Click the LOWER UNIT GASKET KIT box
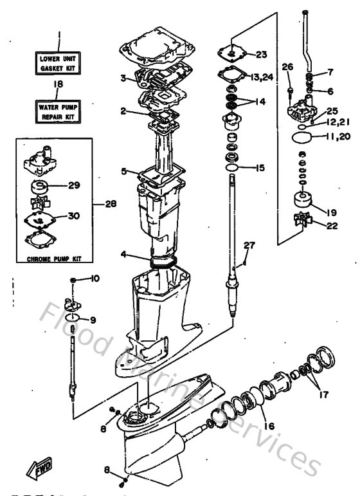(x=57, y=62)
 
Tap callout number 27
(x=249, y=245)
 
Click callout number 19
(x=331, y=212)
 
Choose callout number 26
(x=287, y=66)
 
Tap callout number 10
(x=94, y=279)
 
